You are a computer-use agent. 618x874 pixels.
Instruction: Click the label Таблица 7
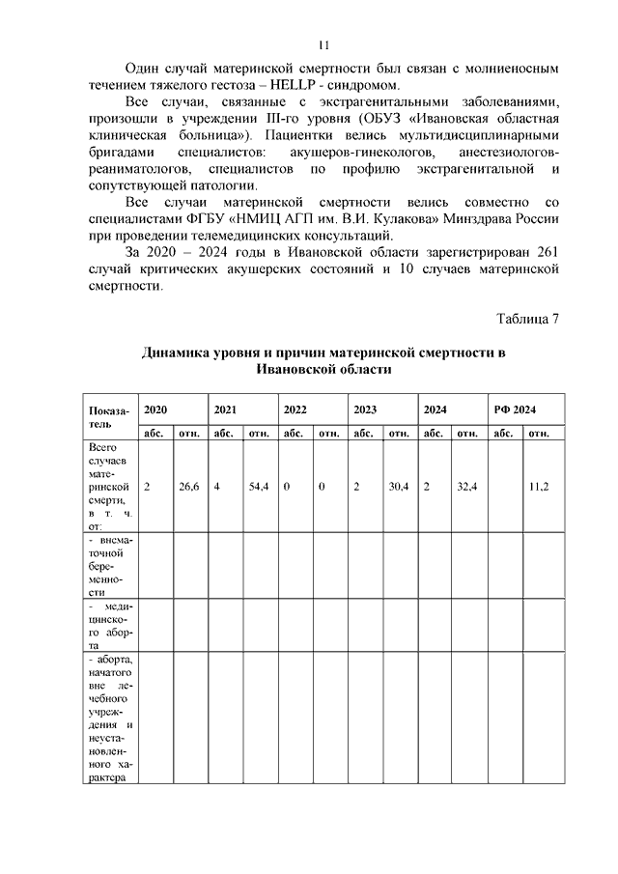529,320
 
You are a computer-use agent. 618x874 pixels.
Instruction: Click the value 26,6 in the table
188,488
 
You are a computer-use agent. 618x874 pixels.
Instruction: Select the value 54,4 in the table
258,488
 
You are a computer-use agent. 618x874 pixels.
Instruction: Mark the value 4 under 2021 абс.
218,488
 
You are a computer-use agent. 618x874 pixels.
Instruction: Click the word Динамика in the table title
179,352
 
